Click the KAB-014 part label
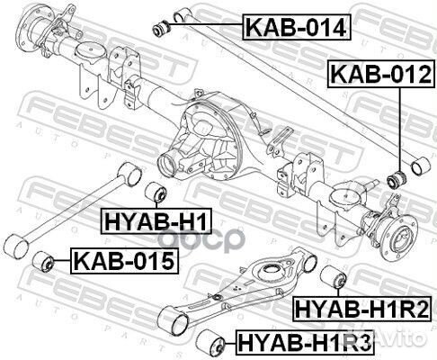click(297, 27)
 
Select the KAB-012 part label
click(380, 74)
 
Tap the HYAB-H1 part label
click(156, 221)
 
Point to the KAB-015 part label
click(124, 260)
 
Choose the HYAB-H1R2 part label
click(361, 309)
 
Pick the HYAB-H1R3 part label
click(305, 342)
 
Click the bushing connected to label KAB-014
click(161, 28)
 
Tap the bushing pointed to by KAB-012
click(397, 179)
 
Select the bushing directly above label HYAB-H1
click(156, 192)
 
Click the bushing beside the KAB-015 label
click(43, 262)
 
